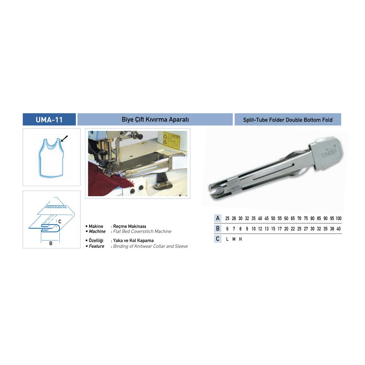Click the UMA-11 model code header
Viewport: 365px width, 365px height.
coord(49,120)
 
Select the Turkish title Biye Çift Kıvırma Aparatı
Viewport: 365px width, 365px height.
coord(155,120)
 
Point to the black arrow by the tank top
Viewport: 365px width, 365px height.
coord(64,139)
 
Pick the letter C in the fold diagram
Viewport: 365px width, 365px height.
coord(59,222)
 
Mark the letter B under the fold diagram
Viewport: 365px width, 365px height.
coord(51,243)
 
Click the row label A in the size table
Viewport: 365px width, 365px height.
coord(218,218)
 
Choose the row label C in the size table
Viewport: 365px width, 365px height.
coord(218,239)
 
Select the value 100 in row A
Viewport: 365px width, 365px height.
coord(338,219)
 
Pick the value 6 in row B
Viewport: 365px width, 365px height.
coord(227,229)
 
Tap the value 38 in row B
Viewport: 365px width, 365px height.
coord(332,229)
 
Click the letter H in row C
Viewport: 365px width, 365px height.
coord(240,239)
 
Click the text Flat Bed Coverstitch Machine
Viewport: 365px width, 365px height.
coord(142,232)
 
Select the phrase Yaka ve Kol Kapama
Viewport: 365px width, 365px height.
coord(133,241)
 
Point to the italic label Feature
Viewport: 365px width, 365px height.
coord(96,246)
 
